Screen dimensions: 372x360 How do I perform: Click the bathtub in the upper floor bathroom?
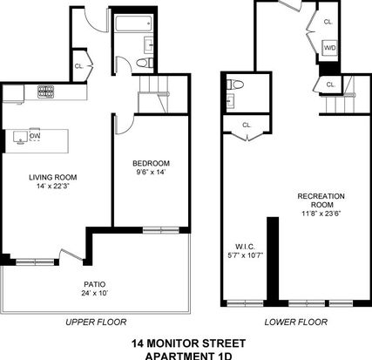click(x=134, y=24)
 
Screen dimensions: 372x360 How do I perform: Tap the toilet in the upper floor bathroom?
click(x=145, y=63)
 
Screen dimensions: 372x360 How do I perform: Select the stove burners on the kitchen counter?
click(x=45, y=92)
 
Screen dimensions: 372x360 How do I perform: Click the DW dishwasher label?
click(x=35, y=136)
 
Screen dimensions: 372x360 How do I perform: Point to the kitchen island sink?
click(x=20, y=137)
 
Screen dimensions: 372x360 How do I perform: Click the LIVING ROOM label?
click(x=53, y=177)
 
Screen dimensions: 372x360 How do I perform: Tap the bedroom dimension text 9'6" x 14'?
click(x=149, y=172)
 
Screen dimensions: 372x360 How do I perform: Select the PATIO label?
click(x=95, y=284)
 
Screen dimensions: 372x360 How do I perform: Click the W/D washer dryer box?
click(x=330, y=47)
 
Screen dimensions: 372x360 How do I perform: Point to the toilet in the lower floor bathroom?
click(x=235, y=85)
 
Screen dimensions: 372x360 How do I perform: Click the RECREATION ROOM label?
click(x=321, y=200)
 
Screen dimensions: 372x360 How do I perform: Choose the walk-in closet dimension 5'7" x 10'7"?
click(x=246, y=255)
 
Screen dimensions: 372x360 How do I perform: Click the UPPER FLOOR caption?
click(x=96, y=322)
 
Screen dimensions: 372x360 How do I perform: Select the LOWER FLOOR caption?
click(x=296, y=322)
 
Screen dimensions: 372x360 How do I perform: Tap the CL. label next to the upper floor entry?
click(x=79, y=66)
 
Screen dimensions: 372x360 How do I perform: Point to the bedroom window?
click(x=161, y=230)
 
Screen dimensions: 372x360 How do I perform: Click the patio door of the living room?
click(x=71, y=255)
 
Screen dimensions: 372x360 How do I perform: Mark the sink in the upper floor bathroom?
click(x=148, y=45)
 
